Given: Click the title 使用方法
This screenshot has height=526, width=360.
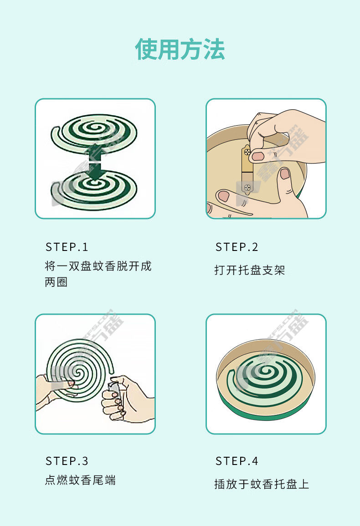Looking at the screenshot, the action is tap(180, 49).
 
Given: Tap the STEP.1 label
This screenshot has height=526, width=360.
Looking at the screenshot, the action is tap(67, 247).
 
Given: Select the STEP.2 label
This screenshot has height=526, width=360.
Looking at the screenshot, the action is tap(237, 247).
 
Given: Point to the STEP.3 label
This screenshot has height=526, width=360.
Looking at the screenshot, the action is tap(67, 461).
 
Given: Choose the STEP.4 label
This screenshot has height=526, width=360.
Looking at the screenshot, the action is tap(237, 461).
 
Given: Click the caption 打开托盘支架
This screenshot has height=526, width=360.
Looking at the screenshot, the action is tap(250, 270).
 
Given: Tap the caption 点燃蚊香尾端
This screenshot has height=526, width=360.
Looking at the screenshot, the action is tap(80, 480).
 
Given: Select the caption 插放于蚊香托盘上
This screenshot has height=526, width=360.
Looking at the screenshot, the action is tap(262, 484).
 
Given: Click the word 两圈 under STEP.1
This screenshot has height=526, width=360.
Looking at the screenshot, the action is tap(56, 282).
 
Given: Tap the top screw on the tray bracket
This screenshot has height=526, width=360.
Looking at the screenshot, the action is tap(247, 152).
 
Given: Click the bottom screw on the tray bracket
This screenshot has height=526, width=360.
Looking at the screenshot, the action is tap(247, 187).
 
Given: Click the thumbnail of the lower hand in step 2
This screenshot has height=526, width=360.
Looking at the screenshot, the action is tap(285, 174).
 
